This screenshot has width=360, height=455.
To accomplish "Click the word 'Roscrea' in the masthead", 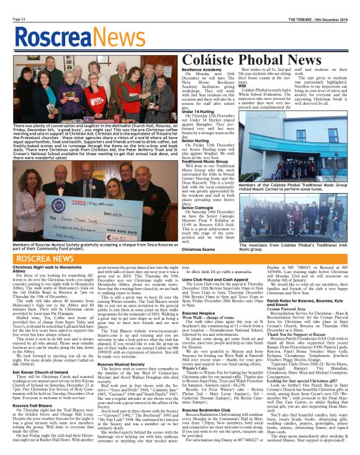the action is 45,32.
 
